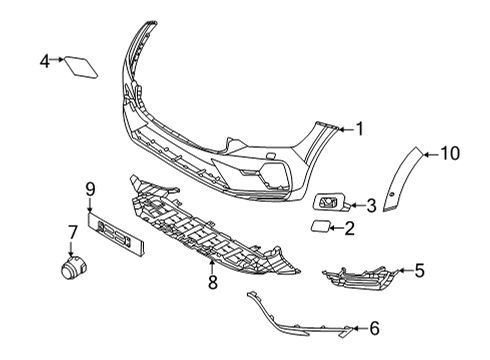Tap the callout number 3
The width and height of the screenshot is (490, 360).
click(x=371, y=206)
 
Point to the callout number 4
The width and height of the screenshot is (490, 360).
click(x=44, y=62)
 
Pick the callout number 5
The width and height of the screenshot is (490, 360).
click(x=420, y=270)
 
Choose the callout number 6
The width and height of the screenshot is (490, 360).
click(x=374, y=327)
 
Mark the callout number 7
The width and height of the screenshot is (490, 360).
click(x=72, y=232)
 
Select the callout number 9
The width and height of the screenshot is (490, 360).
click(x=89, y=187)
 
